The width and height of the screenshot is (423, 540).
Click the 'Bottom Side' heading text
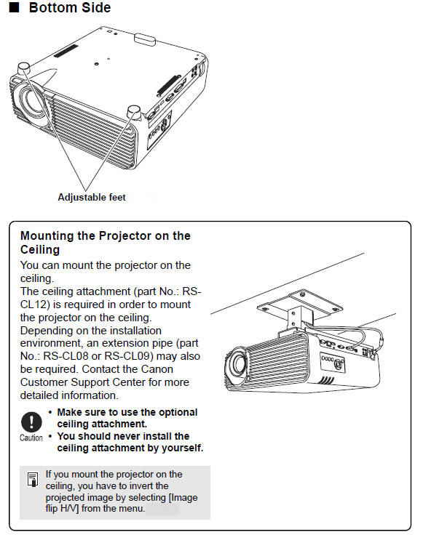[x=70, y=9]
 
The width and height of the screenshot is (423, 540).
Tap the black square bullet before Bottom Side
[x=14, y=9]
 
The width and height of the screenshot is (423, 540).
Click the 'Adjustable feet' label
[x=92, y=197]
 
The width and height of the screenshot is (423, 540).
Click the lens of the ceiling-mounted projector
[x=237, y=367]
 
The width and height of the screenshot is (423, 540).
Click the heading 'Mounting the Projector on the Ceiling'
[x=106, y=243]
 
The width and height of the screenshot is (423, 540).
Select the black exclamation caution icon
[x=31, y=422]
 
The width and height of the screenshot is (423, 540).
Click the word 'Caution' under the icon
[x=31, y=438]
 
